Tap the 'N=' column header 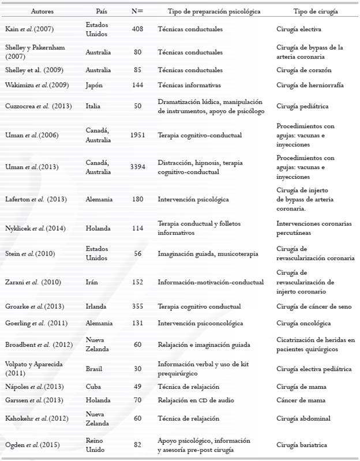coord(137,12)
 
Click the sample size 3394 coord(137,167)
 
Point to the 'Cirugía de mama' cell coord(301,387)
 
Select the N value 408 coord(137,28)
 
